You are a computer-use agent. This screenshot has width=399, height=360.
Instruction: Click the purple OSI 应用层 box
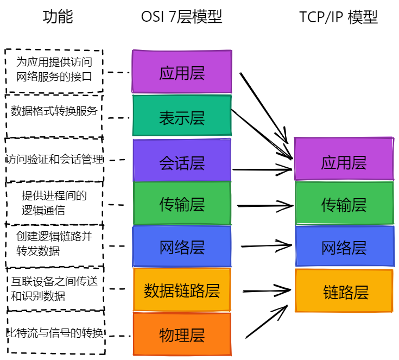pos(182,72)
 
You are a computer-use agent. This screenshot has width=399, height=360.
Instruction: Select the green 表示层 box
pos(182,116)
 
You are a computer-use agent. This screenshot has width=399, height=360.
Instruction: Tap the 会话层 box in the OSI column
pos(182,161)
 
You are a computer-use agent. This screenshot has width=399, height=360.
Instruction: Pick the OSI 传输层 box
pos(182,204)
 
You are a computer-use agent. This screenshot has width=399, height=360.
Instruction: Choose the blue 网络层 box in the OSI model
pos(182,247)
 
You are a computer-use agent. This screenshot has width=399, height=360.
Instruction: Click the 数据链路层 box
pos(182,290)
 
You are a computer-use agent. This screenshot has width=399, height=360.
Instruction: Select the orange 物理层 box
pos(182,334)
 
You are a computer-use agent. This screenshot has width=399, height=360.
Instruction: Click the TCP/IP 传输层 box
pos(344,204)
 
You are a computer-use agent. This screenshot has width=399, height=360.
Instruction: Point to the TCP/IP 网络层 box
pos(344,247)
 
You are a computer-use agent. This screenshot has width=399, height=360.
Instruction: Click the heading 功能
pos(58,17)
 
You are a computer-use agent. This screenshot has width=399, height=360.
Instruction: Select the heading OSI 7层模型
pos(181,17)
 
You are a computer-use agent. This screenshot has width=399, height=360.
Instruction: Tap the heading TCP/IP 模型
pos(338,17)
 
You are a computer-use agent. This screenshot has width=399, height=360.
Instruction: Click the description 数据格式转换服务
pos(54,111)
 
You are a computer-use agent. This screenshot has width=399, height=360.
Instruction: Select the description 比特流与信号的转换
pos(54,333)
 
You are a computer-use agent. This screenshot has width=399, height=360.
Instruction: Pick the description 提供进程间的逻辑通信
pos(54,203)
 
